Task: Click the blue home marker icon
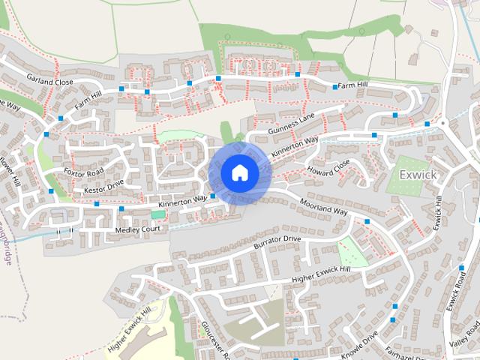pos(239,172)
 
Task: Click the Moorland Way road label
pos(324,208)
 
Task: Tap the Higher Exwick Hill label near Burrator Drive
pos(322,274)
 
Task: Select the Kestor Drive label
pos(103,187)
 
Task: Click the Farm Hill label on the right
pos(352,86)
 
